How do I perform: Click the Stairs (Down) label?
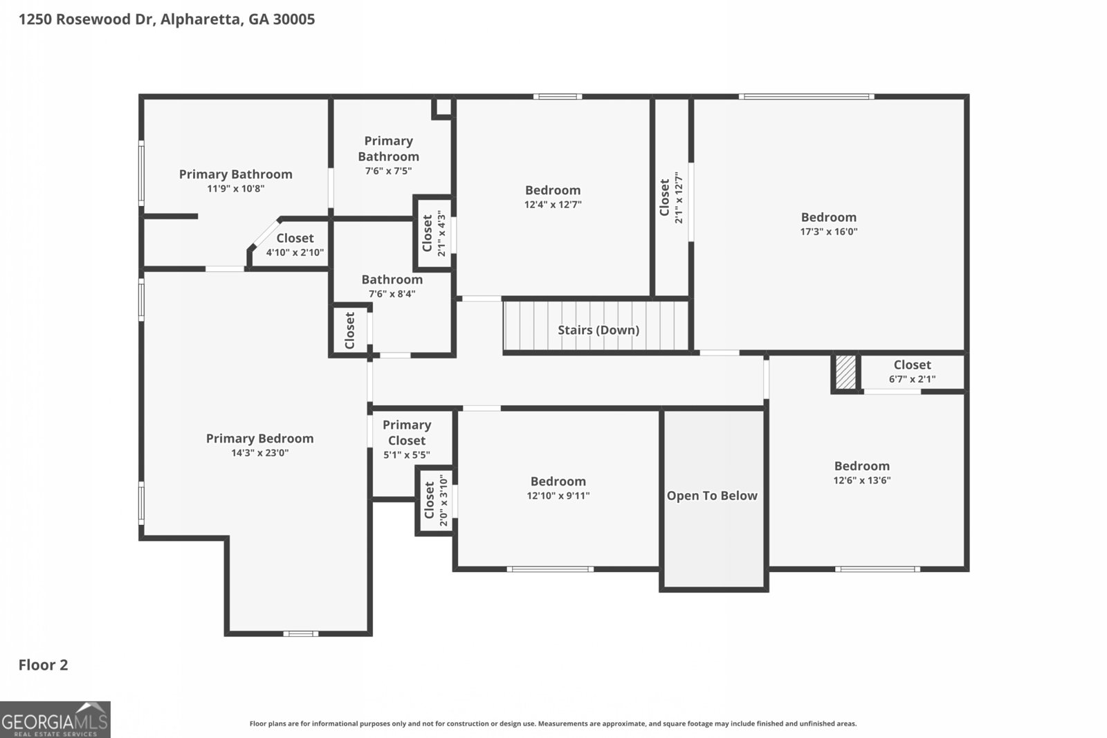598,330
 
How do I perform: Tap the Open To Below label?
712,495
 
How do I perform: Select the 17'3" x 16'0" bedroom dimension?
829,232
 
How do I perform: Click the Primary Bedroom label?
259,438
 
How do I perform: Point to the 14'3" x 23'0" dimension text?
259,453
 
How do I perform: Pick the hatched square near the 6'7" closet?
845,372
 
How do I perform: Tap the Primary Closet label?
407,432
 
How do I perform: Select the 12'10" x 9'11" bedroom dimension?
558,495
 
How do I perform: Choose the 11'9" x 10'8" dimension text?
235,188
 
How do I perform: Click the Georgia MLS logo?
55,719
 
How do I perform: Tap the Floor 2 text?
43,665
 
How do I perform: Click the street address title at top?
166,19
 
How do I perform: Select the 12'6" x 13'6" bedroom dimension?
861,480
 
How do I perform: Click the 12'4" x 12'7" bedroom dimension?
552,204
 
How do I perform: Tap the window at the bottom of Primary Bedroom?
300,633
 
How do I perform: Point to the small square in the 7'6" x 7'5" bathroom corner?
442,107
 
